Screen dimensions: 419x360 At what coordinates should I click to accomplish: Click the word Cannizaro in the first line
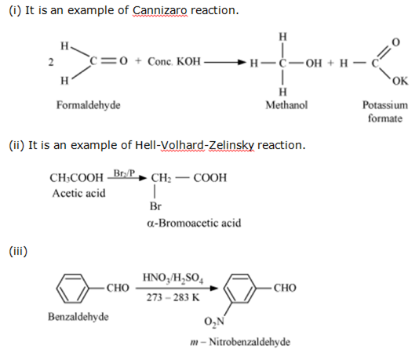pos(160,11)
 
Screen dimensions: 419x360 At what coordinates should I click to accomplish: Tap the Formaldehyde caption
pos(89,105)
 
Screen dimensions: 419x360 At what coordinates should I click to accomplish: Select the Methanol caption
pos(286,105)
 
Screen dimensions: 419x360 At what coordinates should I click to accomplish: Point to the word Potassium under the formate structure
pos(385,105)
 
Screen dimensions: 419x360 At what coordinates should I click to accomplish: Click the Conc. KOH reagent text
pos(174,62)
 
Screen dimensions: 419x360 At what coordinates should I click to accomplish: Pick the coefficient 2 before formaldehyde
pos(51,62)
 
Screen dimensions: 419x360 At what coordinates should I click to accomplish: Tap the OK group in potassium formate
pos(400,81)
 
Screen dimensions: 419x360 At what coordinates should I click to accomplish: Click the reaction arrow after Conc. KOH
pos(225,63)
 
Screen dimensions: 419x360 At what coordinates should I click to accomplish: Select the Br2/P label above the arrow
pos(124,173)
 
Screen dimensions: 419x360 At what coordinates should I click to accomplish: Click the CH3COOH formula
pos(76,178)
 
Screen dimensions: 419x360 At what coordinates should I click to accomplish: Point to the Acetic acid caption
pos(78,193)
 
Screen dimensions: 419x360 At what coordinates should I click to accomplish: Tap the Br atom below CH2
pos(155,206)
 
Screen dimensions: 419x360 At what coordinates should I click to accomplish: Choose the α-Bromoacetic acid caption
pos(194,223)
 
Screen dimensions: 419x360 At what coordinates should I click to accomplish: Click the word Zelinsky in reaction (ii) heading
pos(231,146)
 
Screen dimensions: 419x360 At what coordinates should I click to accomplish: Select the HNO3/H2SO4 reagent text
pos(173,278)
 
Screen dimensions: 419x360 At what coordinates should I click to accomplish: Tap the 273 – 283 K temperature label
pos(173,297)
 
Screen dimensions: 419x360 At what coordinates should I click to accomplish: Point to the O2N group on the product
pos(214,322)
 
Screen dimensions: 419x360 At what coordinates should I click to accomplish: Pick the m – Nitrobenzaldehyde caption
pos(240,342)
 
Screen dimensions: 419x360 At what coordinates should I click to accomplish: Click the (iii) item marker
pos(18,251)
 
